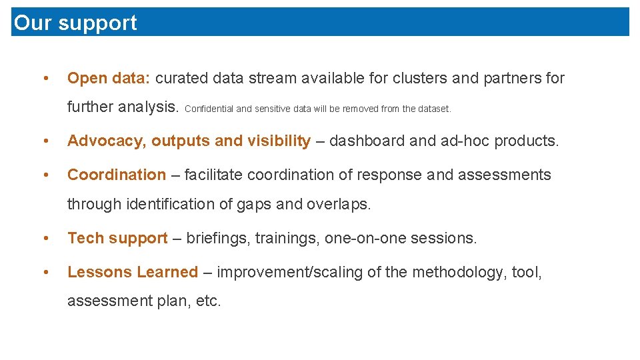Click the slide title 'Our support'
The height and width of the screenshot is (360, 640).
[75, 23]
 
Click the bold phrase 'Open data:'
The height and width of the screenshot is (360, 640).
[109, 79]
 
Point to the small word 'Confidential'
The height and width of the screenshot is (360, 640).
[209, 109]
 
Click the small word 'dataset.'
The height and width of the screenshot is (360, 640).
[435, 109]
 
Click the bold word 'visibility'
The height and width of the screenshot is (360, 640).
[279, 141]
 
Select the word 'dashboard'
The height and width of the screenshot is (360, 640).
[364, 141]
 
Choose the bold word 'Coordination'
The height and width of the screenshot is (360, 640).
[117, 175]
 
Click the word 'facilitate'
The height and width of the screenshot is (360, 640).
[215, 175]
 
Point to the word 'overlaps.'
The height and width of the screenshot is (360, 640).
[338, 205]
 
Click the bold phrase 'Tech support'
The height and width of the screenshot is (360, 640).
[117, 239]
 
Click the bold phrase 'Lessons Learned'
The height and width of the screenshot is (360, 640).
[133, 273]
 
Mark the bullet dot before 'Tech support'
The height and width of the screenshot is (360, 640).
[45, 239]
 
